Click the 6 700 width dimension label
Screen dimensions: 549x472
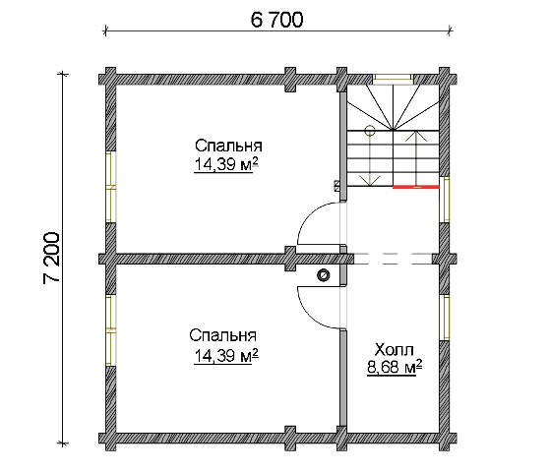click(x=276, y=20)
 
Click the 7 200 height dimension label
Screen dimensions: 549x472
click(x=52, y=258)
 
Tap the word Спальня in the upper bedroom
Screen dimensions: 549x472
click(x=228, y=146)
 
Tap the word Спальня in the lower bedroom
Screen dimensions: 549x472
click(x=223, y=335)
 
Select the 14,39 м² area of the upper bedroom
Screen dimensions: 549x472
click(x=226, y=164)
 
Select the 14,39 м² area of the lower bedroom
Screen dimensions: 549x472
click(x=226, y=356)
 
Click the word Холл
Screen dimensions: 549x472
click(x=395, y=349)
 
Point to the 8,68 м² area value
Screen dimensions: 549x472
click(x=395, y=368)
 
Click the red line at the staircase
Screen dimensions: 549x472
click(x=416, y=187)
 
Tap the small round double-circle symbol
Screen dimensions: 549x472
click(x=323, y=275)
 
